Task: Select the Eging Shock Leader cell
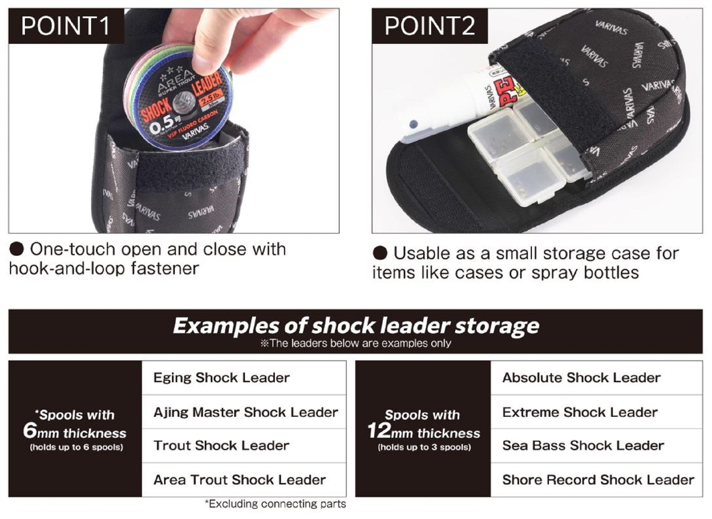click(244, 378)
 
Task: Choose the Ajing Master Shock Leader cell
click(244, 412)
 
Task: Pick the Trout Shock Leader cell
click(244, 446)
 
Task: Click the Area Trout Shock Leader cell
click(244, 480)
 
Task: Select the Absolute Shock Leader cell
click(596, 378)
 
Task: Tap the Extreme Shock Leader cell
click(596, 412)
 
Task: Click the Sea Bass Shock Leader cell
click(596, 446)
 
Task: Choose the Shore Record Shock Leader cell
click(596, 480)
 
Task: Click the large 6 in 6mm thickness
click(30, 431)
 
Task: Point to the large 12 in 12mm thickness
click(379, 431)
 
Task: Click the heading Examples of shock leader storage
click(356, 326)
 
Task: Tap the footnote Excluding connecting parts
click(276, 504)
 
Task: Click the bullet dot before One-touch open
click(16, 249)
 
